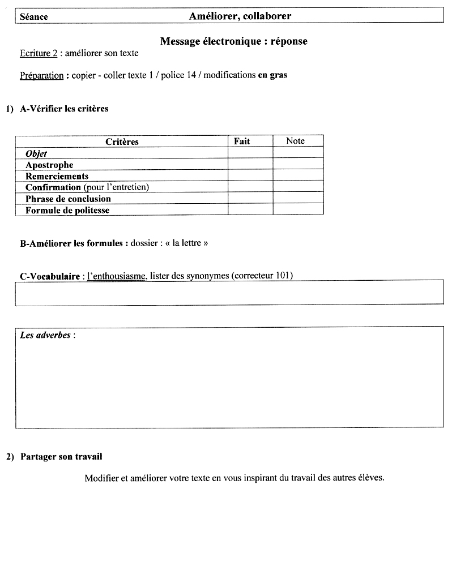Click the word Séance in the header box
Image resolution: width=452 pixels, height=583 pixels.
[x=34, y=17]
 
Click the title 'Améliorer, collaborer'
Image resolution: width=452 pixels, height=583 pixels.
[x=240, y=16]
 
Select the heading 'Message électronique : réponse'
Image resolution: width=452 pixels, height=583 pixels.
[x=233, y=41]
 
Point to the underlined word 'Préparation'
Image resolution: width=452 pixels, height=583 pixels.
[x=41, y=75]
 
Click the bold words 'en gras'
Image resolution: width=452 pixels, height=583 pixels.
[x=272, y=75]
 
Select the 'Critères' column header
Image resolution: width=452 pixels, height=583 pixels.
[x=122, y=142]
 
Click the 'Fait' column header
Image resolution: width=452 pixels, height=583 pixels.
[x=242, y=141]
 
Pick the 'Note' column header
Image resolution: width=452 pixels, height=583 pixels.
[x=295, y=141]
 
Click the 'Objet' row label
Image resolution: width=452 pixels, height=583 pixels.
[x=36, y=153]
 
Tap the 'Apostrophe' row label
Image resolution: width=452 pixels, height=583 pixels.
[x=49, y=165]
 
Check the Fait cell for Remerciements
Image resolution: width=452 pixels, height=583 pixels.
[x=250, y=175]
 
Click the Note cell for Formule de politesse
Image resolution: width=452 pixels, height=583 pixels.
[x=298, y=209]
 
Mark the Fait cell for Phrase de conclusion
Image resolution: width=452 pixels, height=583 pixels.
[x=250, y=198]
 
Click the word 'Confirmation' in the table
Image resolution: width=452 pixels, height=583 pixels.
[x=53, y=187]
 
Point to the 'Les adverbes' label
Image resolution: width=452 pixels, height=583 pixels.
[x=45, y=335]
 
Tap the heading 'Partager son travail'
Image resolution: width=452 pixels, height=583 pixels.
[x=61, y=456]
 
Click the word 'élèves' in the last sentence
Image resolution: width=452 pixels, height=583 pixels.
[x=370, y=478]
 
